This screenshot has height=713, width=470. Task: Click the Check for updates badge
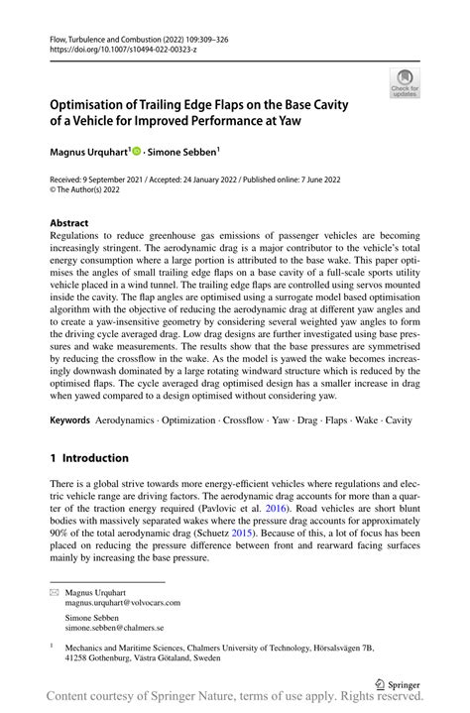[x=404, y=82]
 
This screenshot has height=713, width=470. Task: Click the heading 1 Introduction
[x=89, y=458]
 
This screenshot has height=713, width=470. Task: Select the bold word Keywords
[x=70, y=421]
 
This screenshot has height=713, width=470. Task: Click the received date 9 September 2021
[x=118, y=181]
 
